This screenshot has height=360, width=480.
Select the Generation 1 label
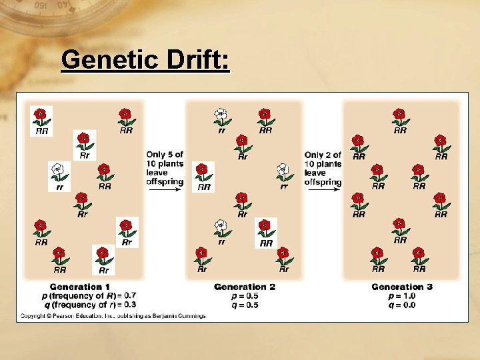[85, 287]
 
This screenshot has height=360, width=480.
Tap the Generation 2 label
[245, 287]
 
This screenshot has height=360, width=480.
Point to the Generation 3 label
[402, 287]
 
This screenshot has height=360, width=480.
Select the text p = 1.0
[402, 295]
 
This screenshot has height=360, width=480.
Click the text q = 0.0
[402, 304]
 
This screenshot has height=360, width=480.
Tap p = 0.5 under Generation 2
[245, 295]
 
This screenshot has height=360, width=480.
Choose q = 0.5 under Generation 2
[245, 304]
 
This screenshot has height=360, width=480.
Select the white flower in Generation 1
[59, 171]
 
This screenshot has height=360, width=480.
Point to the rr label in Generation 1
[59, 187]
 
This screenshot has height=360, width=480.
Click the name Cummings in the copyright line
[189, 315]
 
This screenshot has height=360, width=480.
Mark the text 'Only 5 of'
[165, 155]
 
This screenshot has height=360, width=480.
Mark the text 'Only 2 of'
[323, 155]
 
